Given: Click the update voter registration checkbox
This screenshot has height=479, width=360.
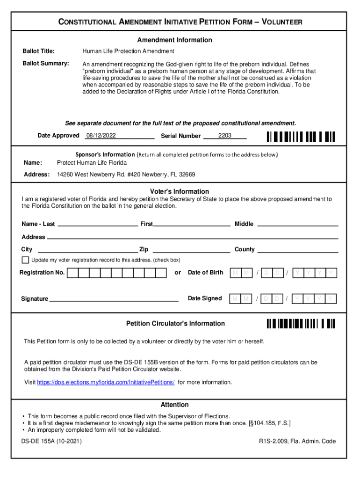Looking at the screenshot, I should point(25,260).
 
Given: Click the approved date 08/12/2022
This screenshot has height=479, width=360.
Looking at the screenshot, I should point(101,136).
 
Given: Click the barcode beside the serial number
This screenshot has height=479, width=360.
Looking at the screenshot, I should point(301,137).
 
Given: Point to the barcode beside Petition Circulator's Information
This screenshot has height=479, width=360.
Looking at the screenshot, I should point(301,324).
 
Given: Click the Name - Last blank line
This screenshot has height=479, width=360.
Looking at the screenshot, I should point(97,224).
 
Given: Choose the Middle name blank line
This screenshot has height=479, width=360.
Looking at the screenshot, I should point(298,224).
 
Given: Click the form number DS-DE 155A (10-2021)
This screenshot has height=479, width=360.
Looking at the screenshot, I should point(51,441).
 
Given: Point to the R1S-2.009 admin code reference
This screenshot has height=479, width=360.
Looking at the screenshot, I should point(297,441).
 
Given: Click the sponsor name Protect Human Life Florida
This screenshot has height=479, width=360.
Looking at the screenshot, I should point(92,163).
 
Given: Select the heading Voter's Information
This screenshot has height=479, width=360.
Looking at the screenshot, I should point(180,191).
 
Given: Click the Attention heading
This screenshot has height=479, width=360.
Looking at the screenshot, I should point(175,405).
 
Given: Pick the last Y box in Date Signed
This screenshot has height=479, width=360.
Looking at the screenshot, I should point(331,299).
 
